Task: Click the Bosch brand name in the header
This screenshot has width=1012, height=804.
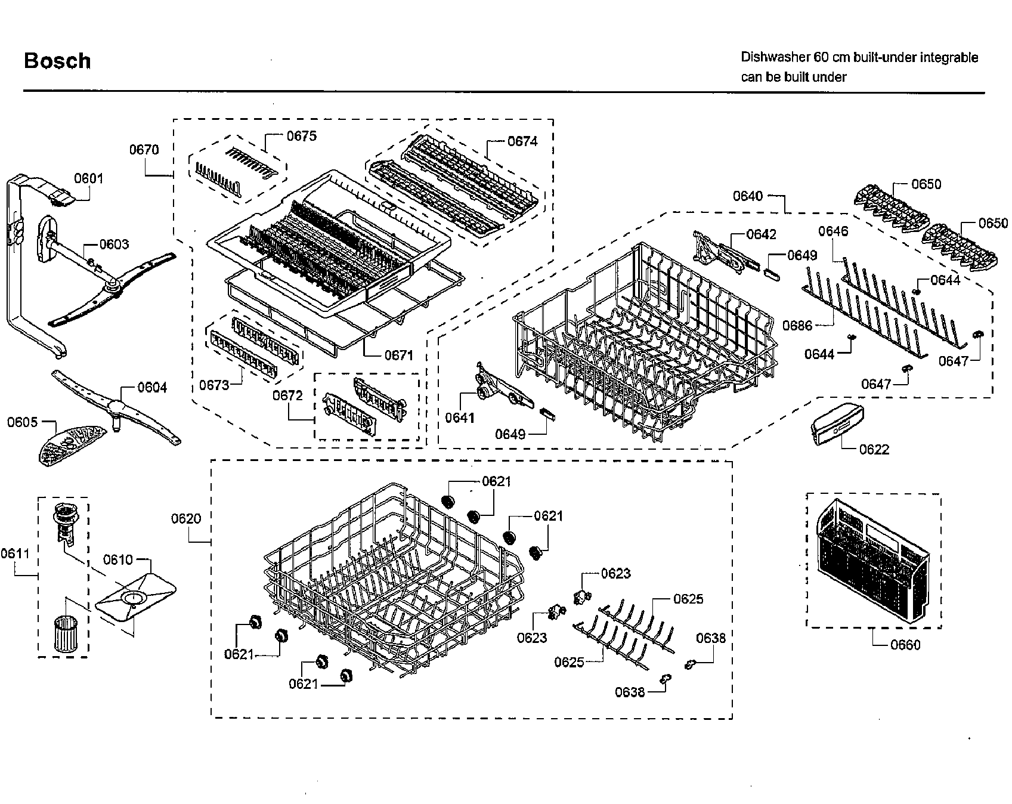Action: [x=57, y=61]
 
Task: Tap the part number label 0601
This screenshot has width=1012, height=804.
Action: [x=88, y=178]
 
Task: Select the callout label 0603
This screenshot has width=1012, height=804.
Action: [x=114, y=245]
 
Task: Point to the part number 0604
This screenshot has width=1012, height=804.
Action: [x=152, y=388]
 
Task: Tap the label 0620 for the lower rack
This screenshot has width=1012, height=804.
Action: [x=186, y=519]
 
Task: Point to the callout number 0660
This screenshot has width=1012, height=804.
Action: [x=905, y=645]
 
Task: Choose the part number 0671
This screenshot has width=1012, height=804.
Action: [x=398, y=355]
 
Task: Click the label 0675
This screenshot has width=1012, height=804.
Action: [x=301, y=136]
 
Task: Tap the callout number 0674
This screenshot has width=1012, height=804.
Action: [x=522, y=141]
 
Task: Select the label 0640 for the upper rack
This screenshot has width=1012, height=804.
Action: [x=747, y=196]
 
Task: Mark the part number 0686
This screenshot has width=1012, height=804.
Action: [x=797, y=325]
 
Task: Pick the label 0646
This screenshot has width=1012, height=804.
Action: [x=832, y=231]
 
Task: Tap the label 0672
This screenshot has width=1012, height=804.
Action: [x=287, y=396]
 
